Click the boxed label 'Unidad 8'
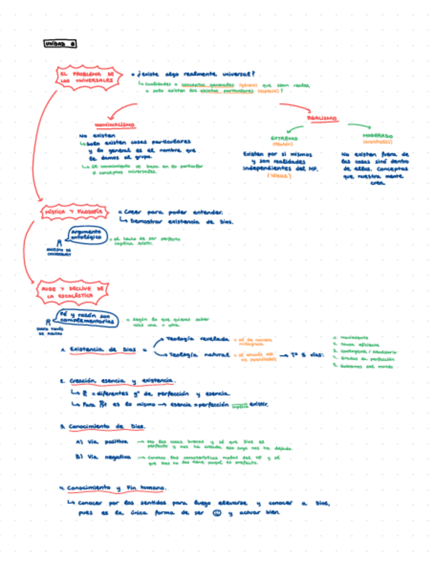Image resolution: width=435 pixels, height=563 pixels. pyautogui.click(x=60, y=44)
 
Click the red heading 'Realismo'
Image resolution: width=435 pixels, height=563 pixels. pyautogui.click(x=322, y=118)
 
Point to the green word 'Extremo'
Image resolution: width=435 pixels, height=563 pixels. pyautogui.click(x=284, y=138)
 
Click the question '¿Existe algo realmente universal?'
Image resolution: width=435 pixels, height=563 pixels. pyautogui.click(x=197, y=74)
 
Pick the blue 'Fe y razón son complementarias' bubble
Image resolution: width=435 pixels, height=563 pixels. pyautogui.click(x=88, y=319)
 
